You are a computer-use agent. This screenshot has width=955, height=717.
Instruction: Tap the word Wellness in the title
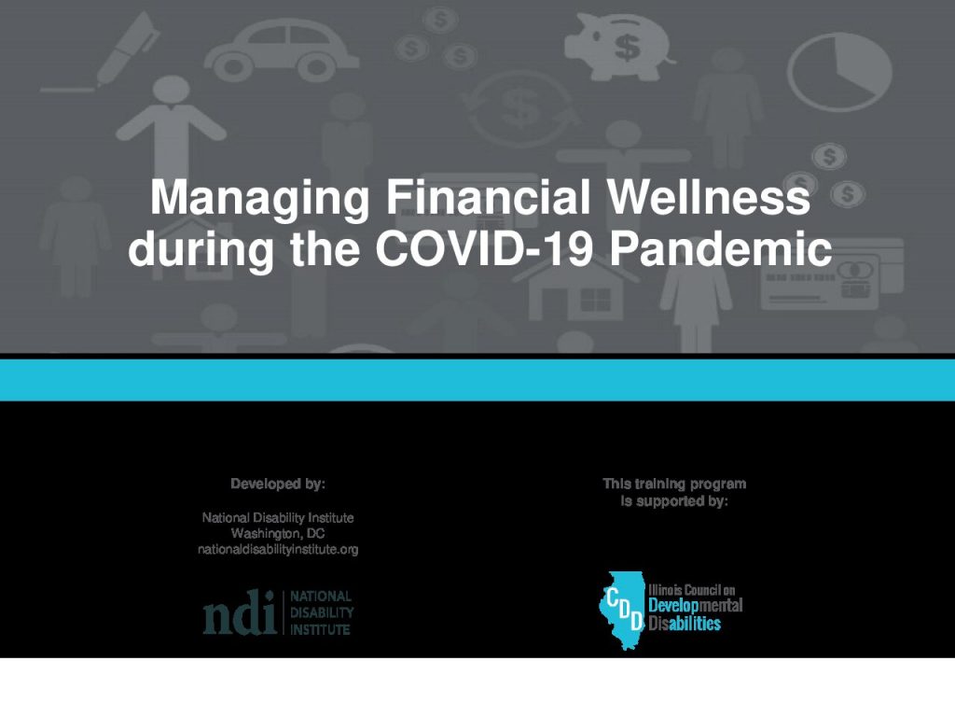coord(709,196)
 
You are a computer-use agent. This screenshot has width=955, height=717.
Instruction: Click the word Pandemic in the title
coord(721,248)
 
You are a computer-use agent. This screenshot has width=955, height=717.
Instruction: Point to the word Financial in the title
coord(488,196)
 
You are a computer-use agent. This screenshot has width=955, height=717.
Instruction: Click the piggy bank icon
coord(619,46)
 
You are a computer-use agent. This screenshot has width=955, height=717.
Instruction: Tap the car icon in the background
coord(282,50)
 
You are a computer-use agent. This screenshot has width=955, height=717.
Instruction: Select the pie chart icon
coord(840,72)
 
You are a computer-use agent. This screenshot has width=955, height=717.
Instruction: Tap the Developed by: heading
coord(278,485)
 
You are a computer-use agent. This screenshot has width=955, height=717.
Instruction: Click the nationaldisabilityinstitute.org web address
coord(278,549)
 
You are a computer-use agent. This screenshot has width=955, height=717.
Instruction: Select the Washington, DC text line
coord(278,533)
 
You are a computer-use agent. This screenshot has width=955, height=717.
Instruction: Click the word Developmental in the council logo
coord(695,606)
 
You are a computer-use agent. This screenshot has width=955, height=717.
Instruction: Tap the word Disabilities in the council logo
coord(685,623)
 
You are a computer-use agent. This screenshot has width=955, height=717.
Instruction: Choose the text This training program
coord(674,484)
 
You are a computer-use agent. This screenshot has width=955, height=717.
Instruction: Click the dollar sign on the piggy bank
coord(627,47)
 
